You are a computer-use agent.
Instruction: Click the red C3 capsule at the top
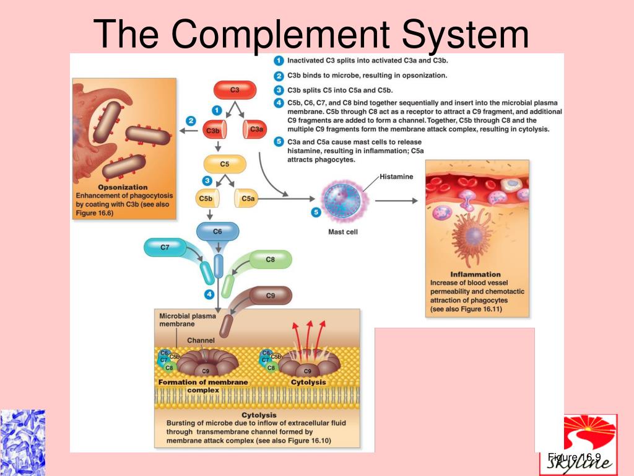coord(235,90)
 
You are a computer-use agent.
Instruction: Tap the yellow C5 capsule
coord(225,164)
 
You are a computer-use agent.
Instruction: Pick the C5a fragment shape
coord(247,199)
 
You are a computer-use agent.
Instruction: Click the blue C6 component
coord(217,232)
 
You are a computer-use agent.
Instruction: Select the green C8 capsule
coord(270,260)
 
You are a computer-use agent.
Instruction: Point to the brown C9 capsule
coord(270,296)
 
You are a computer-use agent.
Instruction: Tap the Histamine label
coord(396,177)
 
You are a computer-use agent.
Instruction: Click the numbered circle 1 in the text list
coord(279,61)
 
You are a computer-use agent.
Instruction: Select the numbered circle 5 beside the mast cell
coord(316,212)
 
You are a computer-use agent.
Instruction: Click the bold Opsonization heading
coord(123,187)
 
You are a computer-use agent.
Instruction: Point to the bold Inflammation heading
coord(475,274)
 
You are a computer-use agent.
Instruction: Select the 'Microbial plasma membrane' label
coord(188,320)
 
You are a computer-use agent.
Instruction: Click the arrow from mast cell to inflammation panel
coord(396,200)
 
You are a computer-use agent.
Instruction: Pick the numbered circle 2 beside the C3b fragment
coord(191,121)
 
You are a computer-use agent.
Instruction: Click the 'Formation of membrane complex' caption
coord(203,386)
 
